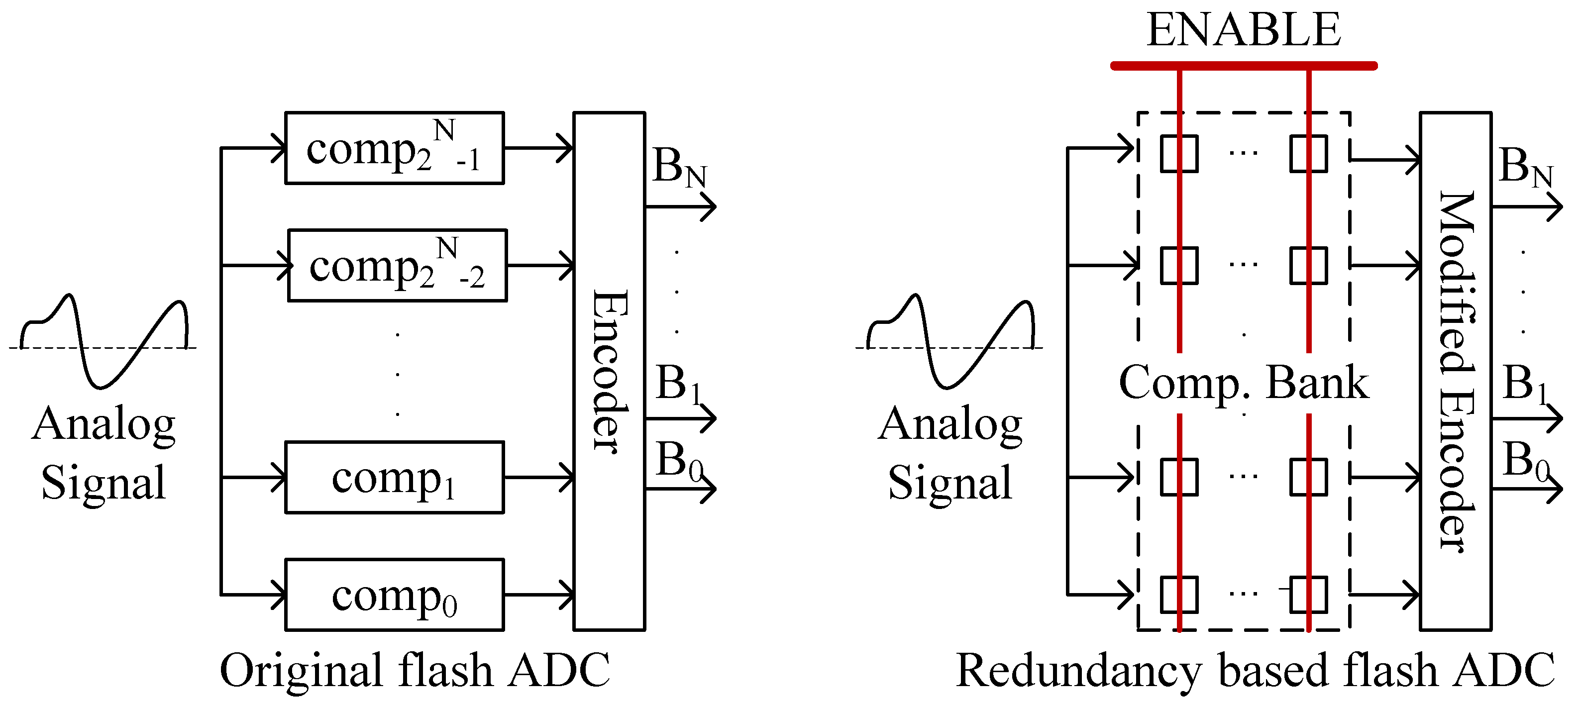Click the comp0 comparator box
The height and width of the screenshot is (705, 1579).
[x=394, y=594]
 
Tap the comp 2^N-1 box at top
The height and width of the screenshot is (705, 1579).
[x=394, y=148]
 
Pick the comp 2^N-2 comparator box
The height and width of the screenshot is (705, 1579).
[x=397, y=266]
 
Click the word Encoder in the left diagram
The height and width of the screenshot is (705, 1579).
[x=609, y=371]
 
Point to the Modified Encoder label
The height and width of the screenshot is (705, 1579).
[x=1456, y=371]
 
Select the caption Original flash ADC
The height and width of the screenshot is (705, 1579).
[x=415, y=670]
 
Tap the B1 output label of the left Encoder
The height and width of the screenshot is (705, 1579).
[x=678, y=384]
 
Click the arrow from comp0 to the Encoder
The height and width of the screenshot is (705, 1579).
[x=538, y=594]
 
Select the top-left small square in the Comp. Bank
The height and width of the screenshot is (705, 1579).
[x=1179, y=153]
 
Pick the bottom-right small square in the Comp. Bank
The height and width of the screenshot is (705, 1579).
[x=1308, y=594]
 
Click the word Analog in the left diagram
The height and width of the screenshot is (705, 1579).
[x=104, y=424]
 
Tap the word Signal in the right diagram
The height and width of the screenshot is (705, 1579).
[x=949, y=483]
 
